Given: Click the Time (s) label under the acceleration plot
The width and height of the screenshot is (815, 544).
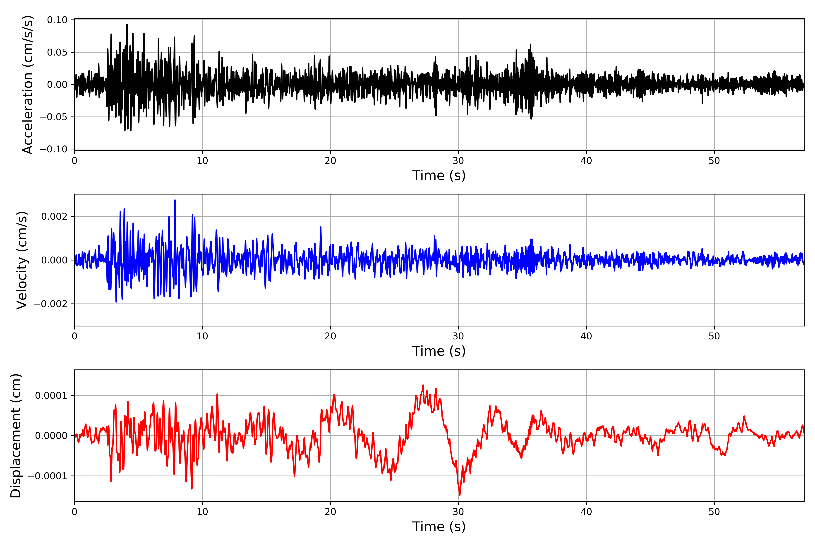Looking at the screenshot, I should (x=439, y=175).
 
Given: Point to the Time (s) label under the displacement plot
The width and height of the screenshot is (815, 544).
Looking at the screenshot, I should (x=439, y=527).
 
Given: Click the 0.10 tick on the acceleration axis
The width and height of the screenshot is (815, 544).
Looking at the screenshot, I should (x=57, y=20).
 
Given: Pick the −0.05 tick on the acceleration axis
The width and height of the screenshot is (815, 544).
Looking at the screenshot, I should (x=54, y=117).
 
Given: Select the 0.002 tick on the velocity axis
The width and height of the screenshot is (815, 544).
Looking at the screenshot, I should (x=54, y=216).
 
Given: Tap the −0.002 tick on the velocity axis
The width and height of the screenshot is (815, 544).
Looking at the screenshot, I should (x=50, y=304).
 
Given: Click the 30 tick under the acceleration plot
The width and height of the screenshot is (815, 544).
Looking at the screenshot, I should (x=458, y=161).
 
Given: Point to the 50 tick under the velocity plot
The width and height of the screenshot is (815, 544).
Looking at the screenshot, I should (x=714, y=336).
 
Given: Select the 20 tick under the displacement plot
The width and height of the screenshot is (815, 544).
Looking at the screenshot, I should (x=330, y=512).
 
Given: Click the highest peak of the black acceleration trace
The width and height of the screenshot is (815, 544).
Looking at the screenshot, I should (x=127, y=25).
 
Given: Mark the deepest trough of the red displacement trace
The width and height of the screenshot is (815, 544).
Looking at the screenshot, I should (x=460, y=495).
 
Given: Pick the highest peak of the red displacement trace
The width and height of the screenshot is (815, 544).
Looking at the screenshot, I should (x=423, y=385).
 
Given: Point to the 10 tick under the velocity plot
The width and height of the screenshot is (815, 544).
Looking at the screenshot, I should (x=202, y=336).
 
